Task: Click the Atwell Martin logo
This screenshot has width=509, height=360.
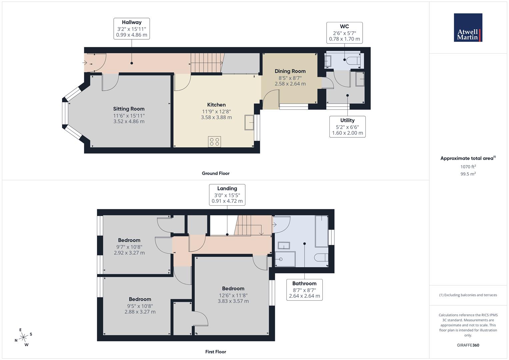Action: [x=468, y=27]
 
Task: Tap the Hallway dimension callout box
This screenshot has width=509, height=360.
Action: [x=132, y=29]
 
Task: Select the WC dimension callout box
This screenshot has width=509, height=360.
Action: [x=344, y=33]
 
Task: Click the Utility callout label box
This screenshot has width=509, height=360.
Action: [x=347, y=127]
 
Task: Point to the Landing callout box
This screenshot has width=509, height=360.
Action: [x=227, y=195]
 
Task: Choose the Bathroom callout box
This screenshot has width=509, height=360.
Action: [x=304, y=290]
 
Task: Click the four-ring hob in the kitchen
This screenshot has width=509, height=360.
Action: [x=215, y=142]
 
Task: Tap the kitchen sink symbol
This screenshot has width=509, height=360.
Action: [x=249, y=123]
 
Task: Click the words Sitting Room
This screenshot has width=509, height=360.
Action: [x=129, y=109]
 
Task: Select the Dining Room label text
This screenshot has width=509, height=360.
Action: [x=290, y=71]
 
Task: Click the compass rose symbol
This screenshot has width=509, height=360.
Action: [x=23, y=337]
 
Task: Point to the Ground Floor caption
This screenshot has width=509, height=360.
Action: [x=216, y=173]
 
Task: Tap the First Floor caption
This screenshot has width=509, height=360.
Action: [x=216, y=352]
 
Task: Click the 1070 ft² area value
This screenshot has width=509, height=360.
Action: [x=468, y=167]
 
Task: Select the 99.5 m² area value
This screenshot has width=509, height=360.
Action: [x=468, y=174]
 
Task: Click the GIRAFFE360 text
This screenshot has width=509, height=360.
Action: [x=468, y=345]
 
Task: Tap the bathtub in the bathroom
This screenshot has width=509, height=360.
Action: [x=322, y=231]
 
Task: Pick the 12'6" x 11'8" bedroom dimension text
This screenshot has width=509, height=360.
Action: [x=233, y=295]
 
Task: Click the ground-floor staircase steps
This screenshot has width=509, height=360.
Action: [x=206, y=63]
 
